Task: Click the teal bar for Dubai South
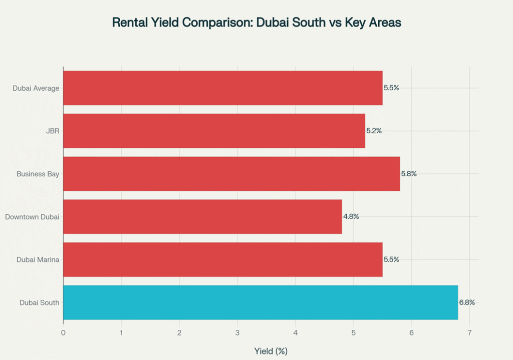point(261,302)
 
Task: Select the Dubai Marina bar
point(223,259)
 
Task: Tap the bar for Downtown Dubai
point(202,216)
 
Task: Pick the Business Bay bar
point(231,174)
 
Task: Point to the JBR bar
point(214,131)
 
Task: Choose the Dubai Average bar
point(223,88)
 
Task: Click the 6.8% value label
point(467,302)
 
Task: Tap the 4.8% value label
point(351,216)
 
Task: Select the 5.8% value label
point(409,174)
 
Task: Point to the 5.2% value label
point(374,131)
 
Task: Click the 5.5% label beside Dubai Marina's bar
point(391,259)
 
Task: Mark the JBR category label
point(52,131)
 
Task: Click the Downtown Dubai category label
point(32,217)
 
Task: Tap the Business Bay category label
point(38,174)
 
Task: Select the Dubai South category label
point(40,302)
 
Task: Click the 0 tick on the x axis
point(63,332)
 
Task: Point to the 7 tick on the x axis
point(469,332)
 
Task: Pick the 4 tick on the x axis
point(296,332)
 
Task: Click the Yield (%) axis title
point(271,351)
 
